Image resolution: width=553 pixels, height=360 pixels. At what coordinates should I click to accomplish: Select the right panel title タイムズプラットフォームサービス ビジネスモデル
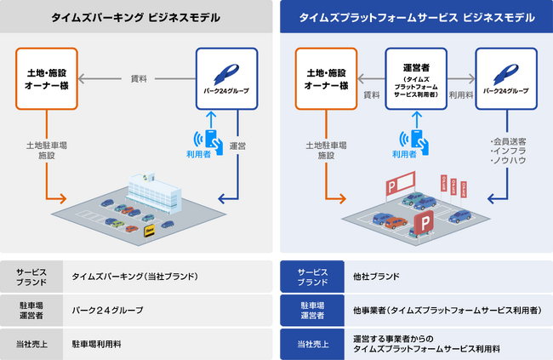pyautogui.click(x=417, y=17)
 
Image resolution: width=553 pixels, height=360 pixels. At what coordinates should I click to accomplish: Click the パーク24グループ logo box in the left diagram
pyautogui.click(x=225, y=78)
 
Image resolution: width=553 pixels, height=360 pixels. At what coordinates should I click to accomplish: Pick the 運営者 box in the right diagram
pyautogui.click(x=417, y=78)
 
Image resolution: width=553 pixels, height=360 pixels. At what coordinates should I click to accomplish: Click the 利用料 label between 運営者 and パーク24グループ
pyautogui.click(x=461, y=95)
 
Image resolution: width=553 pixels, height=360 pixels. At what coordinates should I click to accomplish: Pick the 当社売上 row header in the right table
pyautogui.click(x=311, y=344)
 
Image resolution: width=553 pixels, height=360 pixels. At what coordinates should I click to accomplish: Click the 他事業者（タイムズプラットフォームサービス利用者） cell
pyautogui.click(x=447, y=310)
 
